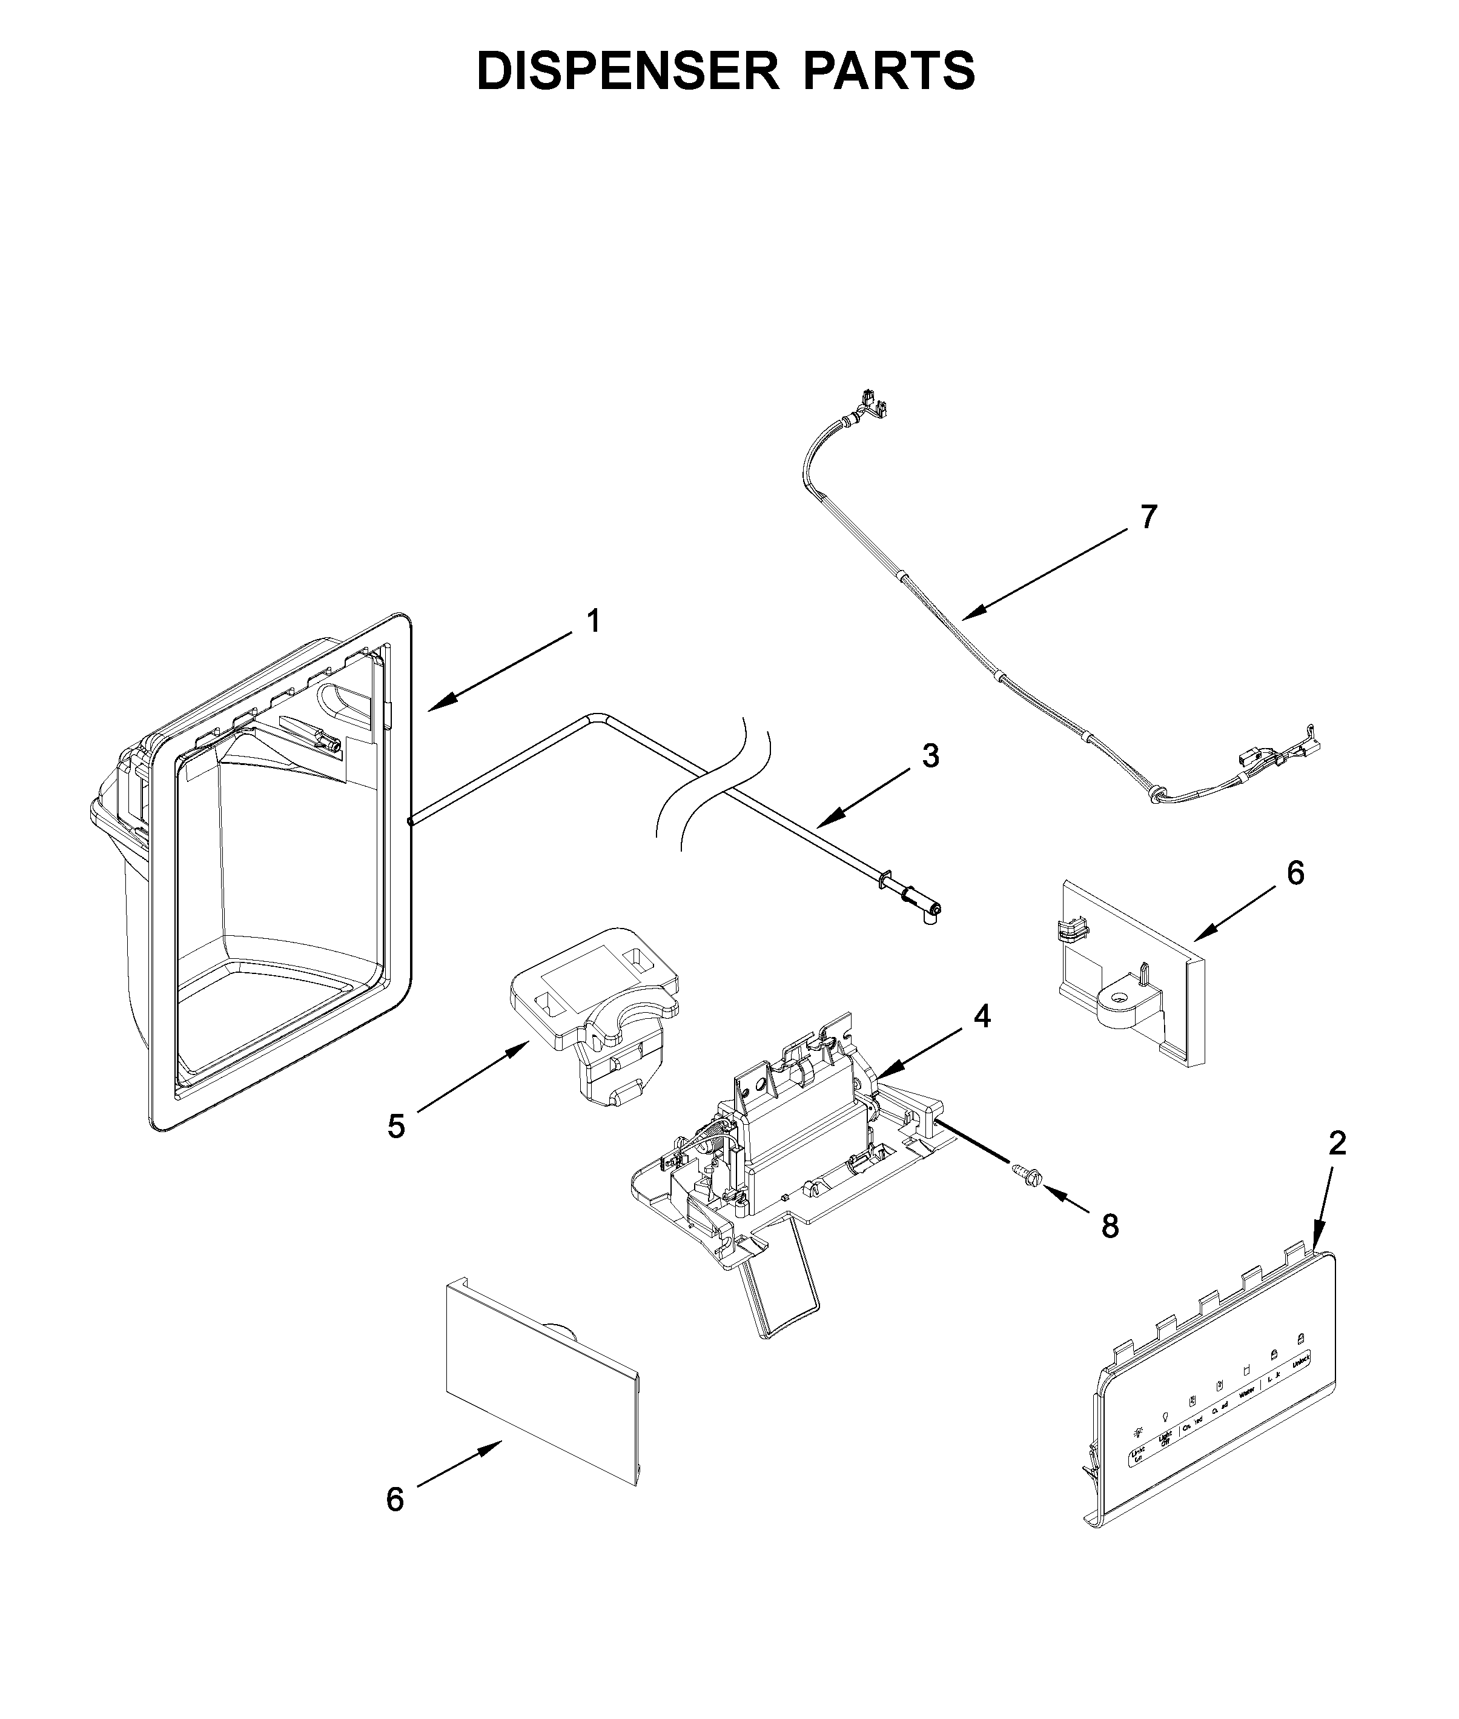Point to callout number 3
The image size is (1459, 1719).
(930, 755)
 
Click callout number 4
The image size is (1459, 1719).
(981, 1016)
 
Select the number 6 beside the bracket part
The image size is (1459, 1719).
(1296, 873)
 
